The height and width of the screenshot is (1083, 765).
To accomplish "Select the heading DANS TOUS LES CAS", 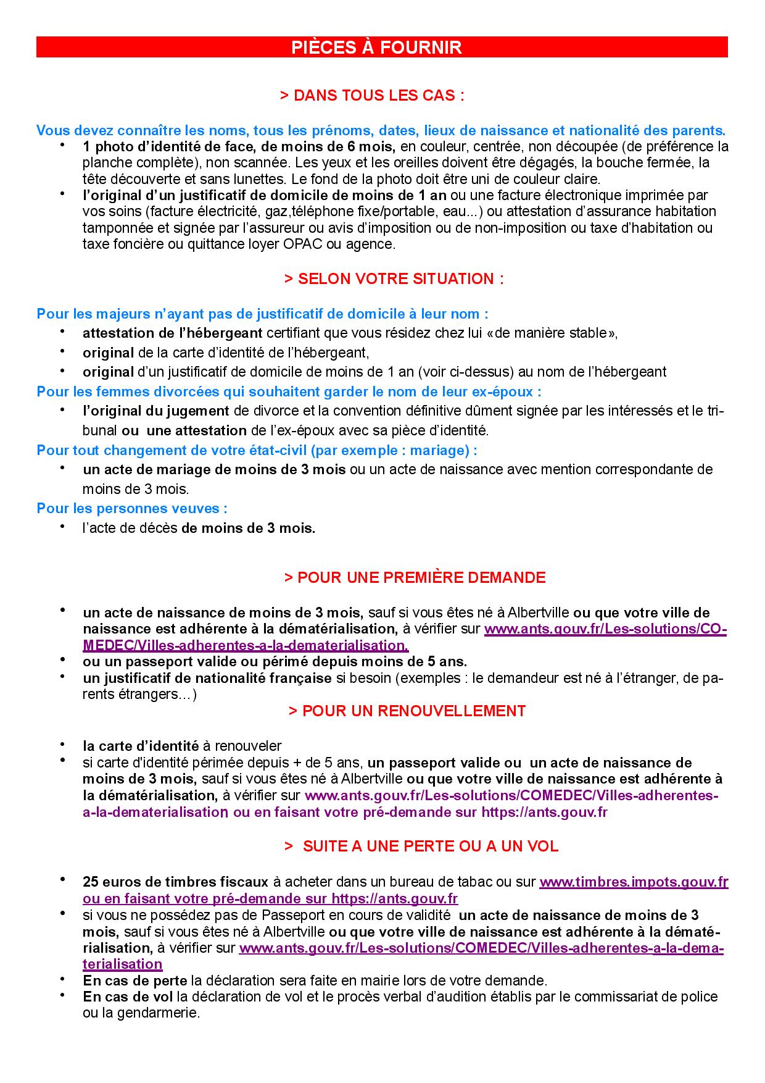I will click(372, 96).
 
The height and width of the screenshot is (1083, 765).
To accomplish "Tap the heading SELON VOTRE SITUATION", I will click(394, 278).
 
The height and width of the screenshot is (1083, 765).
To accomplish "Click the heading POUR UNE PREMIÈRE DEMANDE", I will click(415, 577).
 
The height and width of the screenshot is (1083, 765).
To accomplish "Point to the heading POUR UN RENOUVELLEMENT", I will click(407, 711).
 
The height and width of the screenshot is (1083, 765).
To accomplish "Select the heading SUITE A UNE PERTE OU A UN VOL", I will click(421, 846).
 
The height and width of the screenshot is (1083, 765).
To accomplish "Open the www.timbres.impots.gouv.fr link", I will click(634, 882).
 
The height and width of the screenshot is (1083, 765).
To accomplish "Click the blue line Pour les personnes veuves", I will click(132, 509).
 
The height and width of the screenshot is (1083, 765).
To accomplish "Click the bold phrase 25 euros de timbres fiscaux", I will click(175, 882).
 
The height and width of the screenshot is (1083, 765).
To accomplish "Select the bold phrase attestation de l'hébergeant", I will click(173, 333).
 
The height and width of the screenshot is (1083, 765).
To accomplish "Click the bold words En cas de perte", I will click(136, 981).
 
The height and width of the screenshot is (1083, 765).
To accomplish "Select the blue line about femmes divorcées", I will click(289, 391).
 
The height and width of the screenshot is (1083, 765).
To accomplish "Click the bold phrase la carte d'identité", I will click(141, 746).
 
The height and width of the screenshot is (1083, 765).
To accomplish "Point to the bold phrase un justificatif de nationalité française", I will click(207, 678).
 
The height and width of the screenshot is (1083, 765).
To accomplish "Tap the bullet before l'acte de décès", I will click(62, 527).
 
